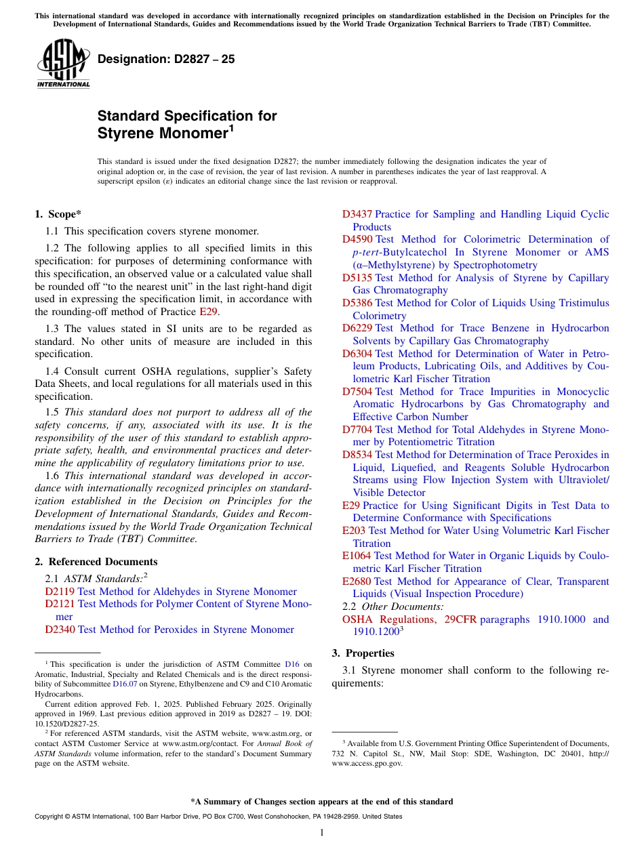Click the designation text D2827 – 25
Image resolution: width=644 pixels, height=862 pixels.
[x=166, y=59]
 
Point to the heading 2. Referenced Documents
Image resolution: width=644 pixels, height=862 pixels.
[x=96, y=562]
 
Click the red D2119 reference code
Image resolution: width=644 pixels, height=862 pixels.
[x=60, y=592]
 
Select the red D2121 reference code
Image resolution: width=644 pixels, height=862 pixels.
[x=60, y=604]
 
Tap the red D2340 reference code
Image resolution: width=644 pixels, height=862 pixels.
[x=60, y=630]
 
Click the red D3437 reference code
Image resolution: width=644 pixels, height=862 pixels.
[x=357, y=214]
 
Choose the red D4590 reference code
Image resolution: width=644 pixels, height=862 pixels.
[x=357, y=239]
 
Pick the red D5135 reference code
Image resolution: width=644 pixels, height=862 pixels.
[x=357, y=278]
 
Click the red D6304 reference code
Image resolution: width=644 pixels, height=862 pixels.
[x=357, y=354]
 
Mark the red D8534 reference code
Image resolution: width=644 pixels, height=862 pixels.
[x=357, y=455]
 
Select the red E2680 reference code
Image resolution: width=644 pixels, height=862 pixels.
[x=357, y=581]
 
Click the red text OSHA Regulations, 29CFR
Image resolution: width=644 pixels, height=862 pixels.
[x=409, y=619]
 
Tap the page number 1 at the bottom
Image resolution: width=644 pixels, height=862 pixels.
[x=322, y=833]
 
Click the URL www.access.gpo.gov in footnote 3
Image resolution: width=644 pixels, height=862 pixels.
[x=367, y=763]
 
